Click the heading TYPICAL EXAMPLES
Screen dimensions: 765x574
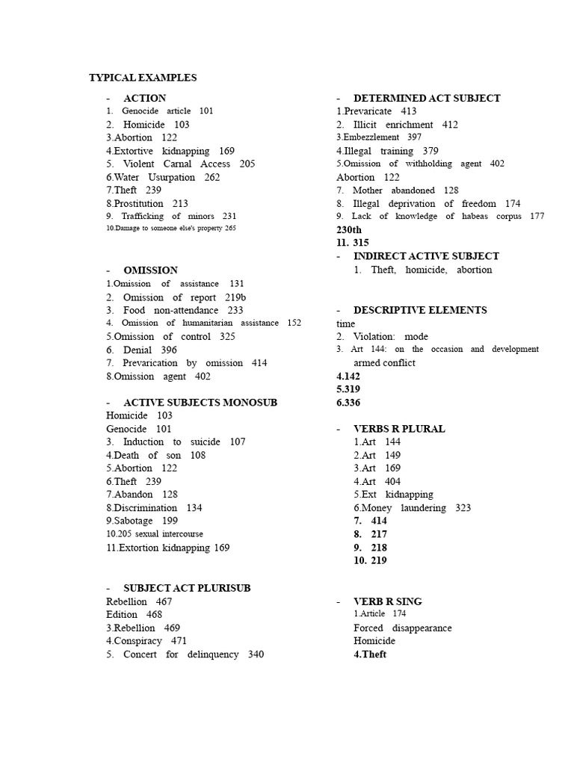click(143, 78)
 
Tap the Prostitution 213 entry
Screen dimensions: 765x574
click(146, 203)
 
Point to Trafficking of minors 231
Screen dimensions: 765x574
click(171, 217)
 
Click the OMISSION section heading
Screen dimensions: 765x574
click(150, 270)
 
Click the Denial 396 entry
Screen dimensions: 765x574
click(141, 350)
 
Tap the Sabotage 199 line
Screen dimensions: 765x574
click(141, 521)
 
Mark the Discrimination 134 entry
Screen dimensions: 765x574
click(154, 507)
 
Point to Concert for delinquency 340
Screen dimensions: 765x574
click(185, 654)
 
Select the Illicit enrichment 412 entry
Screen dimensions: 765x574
click(397, 125)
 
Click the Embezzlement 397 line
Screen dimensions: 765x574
click(379, 137)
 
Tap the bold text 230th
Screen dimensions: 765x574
click(349, 230)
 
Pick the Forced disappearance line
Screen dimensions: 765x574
click(402, 628)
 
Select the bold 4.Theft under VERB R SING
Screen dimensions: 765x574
click(370, 654)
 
